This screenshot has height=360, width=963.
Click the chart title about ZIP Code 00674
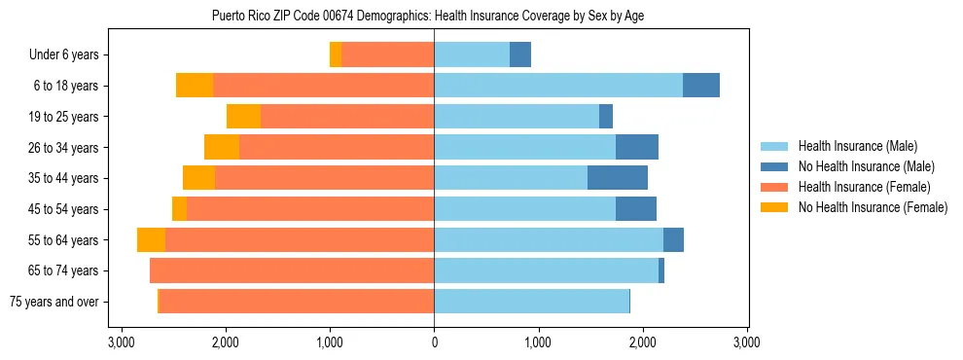tap(427, 16)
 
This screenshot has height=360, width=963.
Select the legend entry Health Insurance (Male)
tap(857, 146)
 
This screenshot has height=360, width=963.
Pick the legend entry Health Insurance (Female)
tap(864, 187)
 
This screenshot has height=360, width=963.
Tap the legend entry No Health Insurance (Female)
tap(872, 207)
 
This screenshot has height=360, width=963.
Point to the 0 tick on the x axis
tap(434, 343)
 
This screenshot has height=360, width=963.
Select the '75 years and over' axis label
tap(53, 302)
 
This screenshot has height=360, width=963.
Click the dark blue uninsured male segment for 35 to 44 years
tap(618, 178)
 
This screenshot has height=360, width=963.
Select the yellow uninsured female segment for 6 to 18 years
tap(195, 86)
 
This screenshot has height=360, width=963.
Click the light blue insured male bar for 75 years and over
tap(531, 302)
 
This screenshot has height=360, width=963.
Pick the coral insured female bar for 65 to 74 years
tap(292, 270)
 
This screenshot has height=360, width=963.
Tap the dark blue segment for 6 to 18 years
tap(701, 86)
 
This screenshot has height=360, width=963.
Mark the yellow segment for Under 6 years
tap(336, 55)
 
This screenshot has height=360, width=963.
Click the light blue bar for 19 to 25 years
tap(517, 117)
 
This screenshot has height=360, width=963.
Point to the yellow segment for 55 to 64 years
tap(151, 240)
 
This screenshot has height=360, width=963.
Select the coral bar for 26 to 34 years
tap(337, 148)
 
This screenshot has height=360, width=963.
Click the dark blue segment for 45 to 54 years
tap(636, 209)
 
